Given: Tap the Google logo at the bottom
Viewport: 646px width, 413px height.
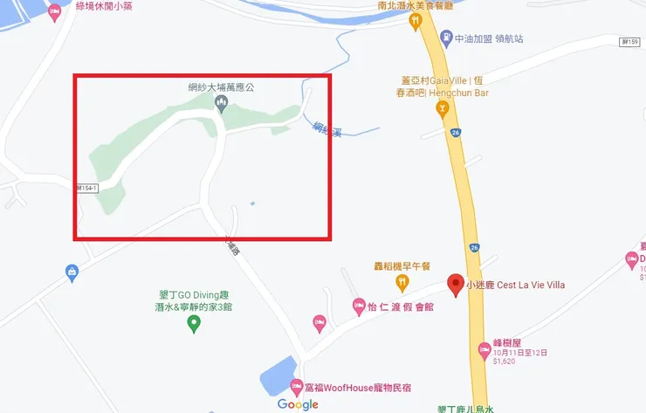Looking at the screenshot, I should (298, 404).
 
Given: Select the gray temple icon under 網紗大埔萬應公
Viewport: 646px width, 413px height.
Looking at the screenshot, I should (221, 105).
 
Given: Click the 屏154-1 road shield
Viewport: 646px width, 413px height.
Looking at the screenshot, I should (86, 188).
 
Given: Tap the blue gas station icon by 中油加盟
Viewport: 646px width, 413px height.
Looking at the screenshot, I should (446, 38).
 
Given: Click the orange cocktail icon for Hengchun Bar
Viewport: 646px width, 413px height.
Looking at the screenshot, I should (443, 109).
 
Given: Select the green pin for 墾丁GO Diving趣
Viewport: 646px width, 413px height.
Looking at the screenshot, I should (195, 324).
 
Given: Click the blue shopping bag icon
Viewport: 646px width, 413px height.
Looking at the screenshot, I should (72, 273).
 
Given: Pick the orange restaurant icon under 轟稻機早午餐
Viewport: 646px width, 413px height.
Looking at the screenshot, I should (402, 281).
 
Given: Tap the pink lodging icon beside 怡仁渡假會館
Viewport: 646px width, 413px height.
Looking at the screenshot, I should (358, 306).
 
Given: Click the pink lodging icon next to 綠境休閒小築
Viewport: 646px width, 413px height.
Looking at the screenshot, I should (55, 14).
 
